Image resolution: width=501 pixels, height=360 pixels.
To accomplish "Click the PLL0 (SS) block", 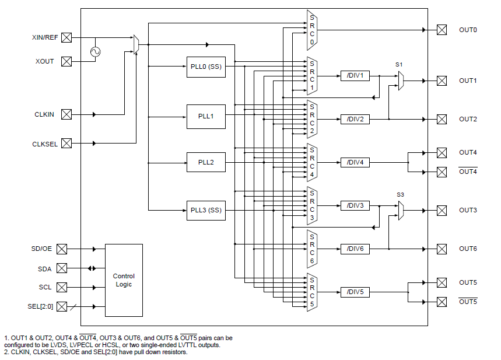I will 206,66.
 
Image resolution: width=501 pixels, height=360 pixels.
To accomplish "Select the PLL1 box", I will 206,116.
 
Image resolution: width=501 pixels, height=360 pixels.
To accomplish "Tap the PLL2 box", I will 206,162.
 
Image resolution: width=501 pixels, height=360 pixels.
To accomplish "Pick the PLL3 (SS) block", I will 206,210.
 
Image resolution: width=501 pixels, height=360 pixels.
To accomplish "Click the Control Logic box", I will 124,280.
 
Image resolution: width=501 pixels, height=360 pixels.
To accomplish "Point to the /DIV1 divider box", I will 355,76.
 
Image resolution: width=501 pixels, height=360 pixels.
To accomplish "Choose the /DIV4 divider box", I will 355,162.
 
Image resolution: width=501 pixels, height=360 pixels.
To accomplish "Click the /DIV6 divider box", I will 355,249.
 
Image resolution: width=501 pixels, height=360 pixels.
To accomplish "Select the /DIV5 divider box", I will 355,292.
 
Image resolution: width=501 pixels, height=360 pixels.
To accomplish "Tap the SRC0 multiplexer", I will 312,30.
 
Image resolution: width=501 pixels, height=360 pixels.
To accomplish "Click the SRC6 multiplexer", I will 312,249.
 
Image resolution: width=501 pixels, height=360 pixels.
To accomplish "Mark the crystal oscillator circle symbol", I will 95,52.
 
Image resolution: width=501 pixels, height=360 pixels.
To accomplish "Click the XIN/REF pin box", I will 66,37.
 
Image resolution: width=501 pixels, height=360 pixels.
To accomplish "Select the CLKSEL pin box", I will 66,143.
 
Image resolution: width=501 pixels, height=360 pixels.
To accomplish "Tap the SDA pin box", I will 62,268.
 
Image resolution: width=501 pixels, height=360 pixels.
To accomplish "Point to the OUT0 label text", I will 468,30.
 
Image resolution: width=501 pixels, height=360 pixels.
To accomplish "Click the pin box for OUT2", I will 442,119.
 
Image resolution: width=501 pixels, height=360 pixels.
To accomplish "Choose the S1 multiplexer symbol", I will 401,81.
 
